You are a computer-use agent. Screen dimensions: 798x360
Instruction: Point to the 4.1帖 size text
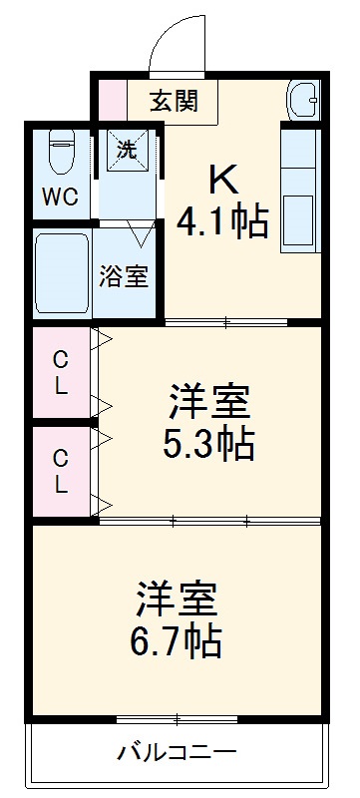[x=223, y=220]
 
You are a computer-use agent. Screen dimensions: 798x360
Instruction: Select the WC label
[x=58, y=197]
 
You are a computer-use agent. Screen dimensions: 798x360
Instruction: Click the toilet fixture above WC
[x=60, y=155]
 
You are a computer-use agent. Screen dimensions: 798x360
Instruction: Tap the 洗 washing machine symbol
[x=126, y=150]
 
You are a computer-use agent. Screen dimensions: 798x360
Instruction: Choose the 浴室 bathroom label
[x=124, y=277]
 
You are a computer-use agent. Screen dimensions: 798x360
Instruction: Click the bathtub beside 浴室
[x=62, y=275]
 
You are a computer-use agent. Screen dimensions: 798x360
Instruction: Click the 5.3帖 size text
[x=209, y=443]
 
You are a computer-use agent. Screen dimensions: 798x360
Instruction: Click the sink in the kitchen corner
[x=302, y=101]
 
